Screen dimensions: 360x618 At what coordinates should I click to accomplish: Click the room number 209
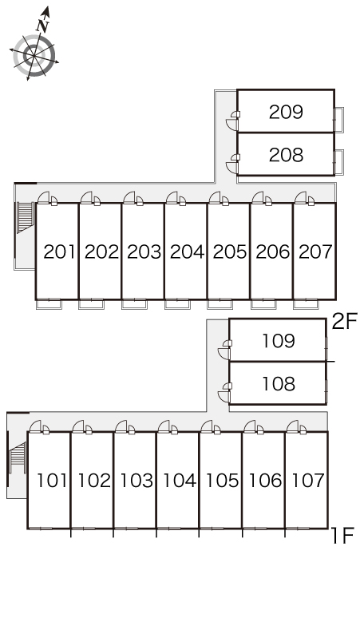(x=286, y=112)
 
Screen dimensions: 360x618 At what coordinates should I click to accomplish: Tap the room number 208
(x=286, y=155)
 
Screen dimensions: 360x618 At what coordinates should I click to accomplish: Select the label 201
(x=59, y=252)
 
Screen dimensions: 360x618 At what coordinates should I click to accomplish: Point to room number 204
(x=187, y=252)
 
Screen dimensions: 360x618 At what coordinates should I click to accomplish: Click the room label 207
(x=316, y=252)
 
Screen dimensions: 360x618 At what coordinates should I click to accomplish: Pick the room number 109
(x=279, y=341)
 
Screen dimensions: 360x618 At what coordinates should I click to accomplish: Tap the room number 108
(x=279, y=384)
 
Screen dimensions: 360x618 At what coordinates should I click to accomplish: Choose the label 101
(x=53, y=481)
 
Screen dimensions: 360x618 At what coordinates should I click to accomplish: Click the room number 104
(x=180, y=481)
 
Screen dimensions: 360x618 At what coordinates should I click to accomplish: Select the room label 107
(x=308, y=481)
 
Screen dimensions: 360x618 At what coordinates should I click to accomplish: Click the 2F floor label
(x=344, y=322)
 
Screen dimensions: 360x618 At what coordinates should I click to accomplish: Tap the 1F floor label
(x=342, y=536)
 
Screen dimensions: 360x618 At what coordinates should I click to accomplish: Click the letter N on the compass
(x=42, y=26)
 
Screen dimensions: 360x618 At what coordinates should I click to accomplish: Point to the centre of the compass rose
(x=34, y=56)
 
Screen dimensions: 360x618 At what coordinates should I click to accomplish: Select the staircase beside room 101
(x=18, y=458)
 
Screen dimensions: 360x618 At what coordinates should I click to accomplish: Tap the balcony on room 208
(x=338, y=162)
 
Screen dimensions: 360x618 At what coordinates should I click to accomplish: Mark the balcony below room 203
(x=134, y=304)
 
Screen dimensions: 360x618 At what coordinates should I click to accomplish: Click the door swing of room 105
(x=207, y=426)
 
